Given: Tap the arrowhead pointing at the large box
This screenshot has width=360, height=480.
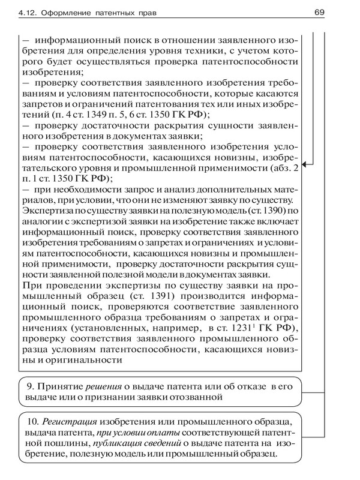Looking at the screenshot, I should point(307,163).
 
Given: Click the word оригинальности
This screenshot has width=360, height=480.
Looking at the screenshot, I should point(84,361).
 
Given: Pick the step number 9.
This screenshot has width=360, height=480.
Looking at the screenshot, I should point(31,386).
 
